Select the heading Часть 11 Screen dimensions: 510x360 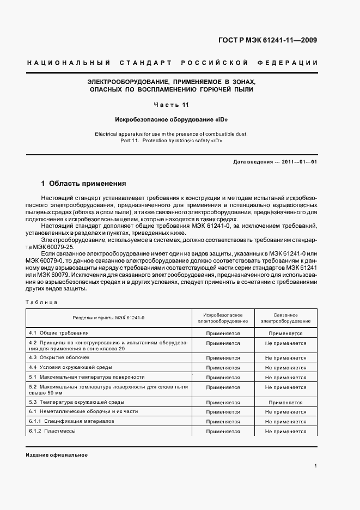coord(172,104)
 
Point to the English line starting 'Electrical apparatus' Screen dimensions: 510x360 coord(172,133)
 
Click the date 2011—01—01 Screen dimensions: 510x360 coord(300,162)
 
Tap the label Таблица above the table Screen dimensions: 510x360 coord(41,301)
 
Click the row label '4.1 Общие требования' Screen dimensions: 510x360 coord(58,332)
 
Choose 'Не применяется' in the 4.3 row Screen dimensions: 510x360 coord(285,357)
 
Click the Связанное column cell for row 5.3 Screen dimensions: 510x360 coord(285,403)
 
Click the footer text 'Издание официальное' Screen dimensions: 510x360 coord(57,455)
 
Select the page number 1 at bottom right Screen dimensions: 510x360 coord(316,465)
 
